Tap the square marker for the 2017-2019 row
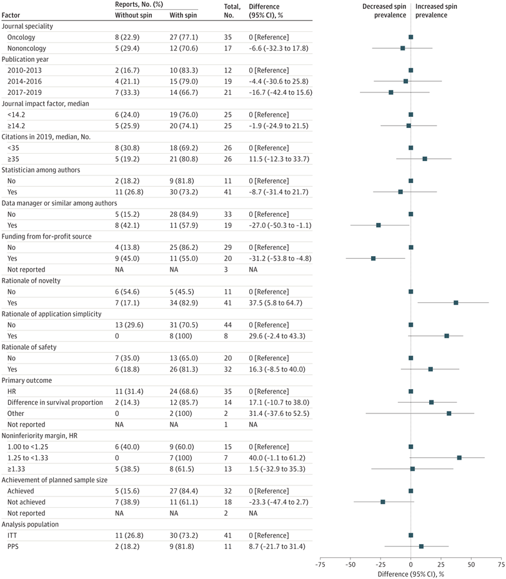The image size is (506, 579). (391, 92)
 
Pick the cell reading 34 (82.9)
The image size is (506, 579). (184, 302)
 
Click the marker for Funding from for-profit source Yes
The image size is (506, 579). (374, 258)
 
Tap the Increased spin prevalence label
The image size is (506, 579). (435, 10)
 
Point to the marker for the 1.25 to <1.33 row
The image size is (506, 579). (459, 457)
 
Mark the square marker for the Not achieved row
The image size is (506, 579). (383, 502)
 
